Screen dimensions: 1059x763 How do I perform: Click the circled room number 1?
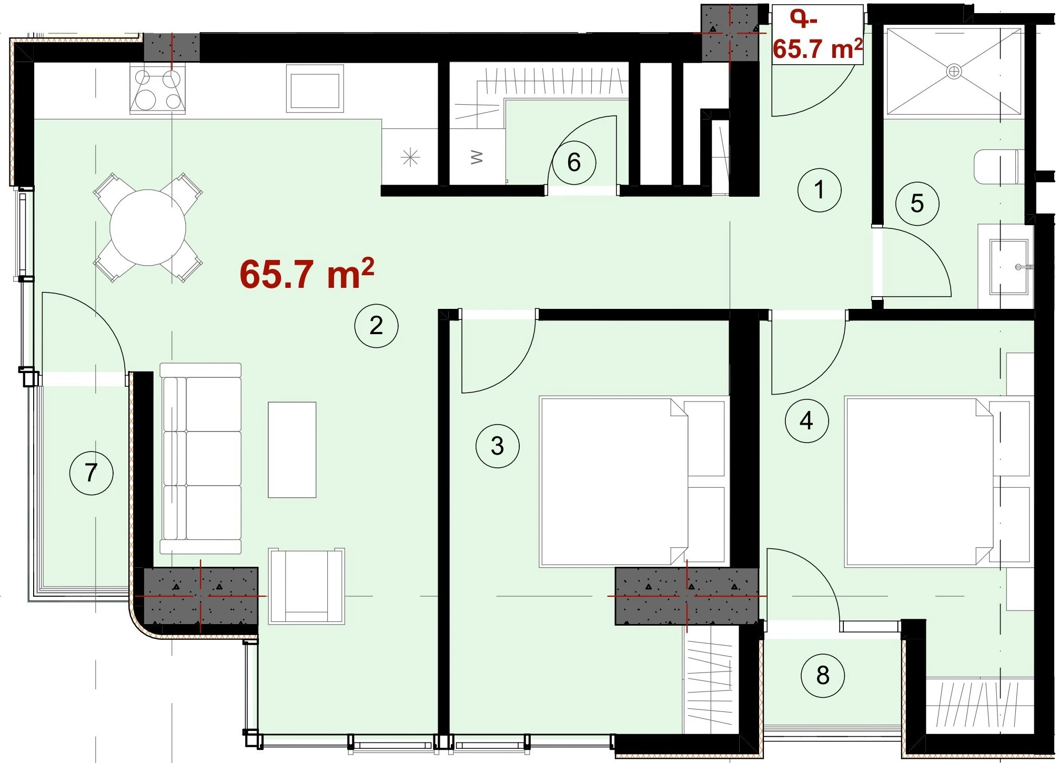coord(819,190)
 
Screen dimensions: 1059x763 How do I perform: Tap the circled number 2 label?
coord(376,326)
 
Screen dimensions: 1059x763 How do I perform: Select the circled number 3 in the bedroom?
coord(497,446)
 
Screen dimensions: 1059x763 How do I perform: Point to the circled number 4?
coord(806,420)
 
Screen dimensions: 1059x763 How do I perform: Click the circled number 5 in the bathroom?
coord(917,204)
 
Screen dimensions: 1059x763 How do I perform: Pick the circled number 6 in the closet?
coord(574,163)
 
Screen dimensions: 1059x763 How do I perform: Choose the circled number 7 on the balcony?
coord(92,473)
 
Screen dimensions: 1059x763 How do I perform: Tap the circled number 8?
coord(823,676)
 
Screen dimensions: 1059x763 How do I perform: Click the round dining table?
coord(148,228)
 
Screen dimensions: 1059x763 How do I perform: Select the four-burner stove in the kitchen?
coord(158,89)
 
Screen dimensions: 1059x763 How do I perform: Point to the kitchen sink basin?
coord(315,88)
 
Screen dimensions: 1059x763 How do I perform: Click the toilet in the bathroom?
coord(997,167)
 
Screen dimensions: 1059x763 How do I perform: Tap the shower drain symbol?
coord(954,71)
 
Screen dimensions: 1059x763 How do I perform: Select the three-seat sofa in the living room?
coord(200,458)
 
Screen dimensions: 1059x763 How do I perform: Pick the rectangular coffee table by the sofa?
coord(292,450)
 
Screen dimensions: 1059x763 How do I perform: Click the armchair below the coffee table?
coord(306,586)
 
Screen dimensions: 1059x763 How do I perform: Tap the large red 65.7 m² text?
coord(307,274)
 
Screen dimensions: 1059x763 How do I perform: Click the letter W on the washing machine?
coord(476,157)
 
